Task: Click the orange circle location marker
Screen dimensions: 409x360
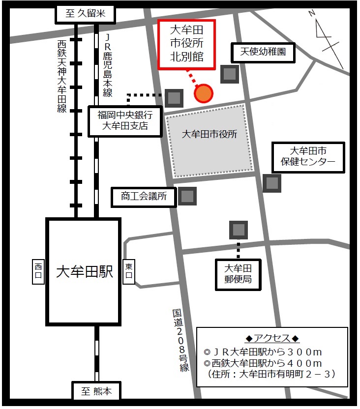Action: pyautogui.click(x=204, y=93)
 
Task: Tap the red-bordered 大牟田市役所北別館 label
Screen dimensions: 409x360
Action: pyautogui.click(x=186, y=45)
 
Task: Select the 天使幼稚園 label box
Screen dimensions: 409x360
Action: pyautogui.click(x=263, y=52)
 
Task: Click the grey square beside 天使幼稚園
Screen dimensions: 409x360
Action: pyautogui.click(x=230, y=74)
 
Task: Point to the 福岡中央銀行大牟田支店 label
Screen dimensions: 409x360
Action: pyautogui.click(x=125, y=121)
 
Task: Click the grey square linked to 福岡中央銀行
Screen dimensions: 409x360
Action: pyautogui.click(x=174, y=98)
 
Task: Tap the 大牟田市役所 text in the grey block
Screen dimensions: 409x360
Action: pyautogui.click(x=210, y=134)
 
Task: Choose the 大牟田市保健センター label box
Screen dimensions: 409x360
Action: pyautogui.click(x=308, y=156)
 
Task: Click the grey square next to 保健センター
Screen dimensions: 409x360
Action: pyautogui.click(x=271, y=183)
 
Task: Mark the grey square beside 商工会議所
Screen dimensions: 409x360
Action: pyautogui.click(x=187, y=197)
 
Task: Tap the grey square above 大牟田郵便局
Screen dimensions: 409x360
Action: pyautogui.click(x=239, y=230)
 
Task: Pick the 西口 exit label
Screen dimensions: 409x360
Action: pyautogui.click(x=39, y=272)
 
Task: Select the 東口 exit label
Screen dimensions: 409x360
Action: pyautogui.click(x=129, y=272)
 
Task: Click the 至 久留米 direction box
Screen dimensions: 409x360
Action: pyautogui.click(x=87, y=14)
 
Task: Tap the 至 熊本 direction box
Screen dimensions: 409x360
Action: pyautogui.click(x=96, y=392)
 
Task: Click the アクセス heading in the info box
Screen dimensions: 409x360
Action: pyautogui.click(x=272, y=339)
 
